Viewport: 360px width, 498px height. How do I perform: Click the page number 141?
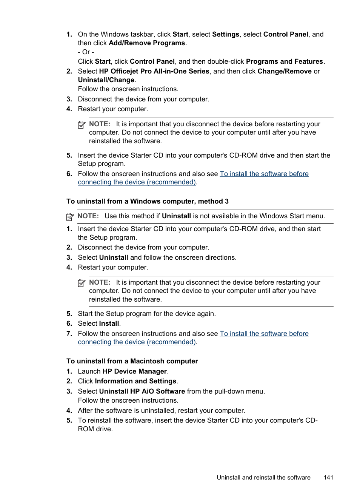(328, 477)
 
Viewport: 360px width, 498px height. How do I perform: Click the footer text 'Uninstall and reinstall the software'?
(263, 477)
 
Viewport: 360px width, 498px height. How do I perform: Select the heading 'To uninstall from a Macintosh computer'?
(132, 361)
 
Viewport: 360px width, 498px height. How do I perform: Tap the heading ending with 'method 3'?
(147, 201)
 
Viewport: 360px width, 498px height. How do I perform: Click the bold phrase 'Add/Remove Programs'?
(147, 43)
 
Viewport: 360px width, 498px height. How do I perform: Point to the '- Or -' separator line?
(86, 52)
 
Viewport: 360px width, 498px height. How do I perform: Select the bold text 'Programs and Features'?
(284, 61)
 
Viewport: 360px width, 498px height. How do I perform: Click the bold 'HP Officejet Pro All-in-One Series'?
(154, 71)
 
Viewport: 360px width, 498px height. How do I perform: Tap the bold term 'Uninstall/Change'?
(106, 80)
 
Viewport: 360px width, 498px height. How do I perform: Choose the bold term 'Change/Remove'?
(285, 71)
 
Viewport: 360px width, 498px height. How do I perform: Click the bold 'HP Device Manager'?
(135, 371)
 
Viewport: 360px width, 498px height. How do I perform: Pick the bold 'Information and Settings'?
(135, 381)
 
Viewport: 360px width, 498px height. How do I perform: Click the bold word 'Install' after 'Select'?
(109, 323)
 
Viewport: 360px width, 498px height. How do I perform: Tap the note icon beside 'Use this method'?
(70, 217)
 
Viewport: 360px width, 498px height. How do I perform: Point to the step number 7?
(69, 334)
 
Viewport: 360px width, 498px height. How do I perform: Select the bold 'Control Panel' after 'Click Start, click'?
(152, 61)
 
